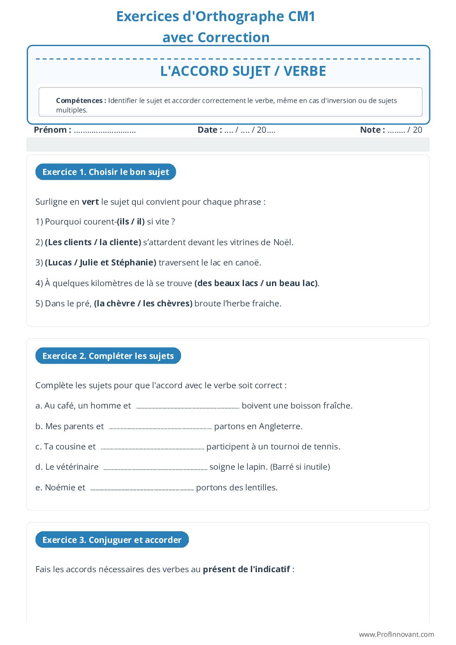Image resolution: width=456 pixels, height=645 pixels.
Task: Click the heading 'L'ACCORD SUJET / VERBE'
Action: pos(243,71)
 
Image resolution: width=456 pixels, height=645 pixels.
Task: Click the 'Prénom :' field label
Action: pos(52,130)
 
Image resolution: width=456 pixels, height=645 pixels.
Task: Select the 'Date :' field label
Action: pos(209,130)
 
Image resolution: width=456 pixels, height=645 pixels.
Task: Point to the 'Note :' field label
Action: pos(372,130)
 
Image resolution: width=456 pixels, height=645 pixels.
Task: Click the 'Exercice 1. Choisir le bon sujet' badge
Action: pos(106,172)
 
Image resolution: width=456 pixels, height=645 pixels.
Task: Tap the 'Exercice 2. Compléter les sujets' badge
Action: pos(108,356)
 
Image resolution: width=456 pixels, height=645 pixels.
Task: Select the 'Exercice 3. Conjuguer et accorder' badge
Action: pos(112,540)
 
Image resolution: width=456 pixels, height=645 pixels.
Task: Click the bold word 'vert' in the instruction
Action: pos(90,202)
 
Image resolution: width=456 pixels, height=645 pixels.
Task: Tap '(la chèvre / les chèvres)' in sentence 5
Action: pos(143,304)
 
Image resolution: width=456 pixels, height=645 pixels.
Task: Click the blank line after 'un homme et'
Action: pos(187,406)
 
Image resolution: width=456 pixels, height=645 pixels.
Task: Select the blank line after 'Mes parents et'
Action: pos(160,427)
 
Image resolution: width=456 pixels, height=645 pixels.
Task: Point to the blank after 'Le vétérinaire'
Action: pos(155,467)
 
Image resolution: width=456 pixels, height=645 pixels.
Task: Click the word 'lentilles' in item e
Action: pos(260,488)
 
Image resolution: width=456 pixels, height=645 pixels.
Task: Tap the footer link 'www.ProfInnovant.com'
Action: pos(396,634)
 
